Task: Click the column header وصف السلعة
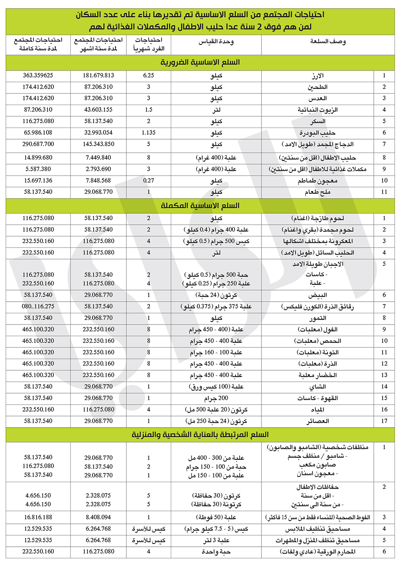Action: coord(328,41)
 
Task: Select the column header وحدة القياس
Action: coord(216,41)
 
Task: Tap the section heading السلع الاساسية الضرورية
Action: coord(200,62)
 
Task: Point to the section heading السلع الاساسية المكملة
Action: coord(200,205)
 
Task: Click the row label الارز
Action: coord(318,75)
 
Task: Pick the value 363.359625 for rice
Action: coord(38,75)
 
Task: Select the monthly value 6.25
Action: coord(148,75)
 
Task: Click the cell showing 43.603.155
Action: coord(98,110)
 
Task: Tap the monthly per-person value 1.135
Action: coord(148,132)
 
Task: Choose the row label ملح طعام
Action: coord(318,192)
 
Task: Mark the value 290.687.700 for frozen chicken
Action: coord(38,144)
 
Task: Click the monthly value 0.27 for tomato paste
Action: coord(148,181)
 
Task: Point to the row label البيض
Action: coord(318,295)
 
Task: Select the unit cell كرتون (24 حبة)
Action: coord(216,295)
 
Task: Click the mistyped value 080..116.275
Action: coord(38,306)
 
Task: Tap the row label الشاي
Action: coord(318,387)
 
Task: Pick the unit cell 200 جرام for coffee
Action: coord(216,398)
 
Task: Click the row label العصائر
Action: coord(318,421)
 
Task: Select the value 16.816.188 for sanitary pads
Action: coord(38,517)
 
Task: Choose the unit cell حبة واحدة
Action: coord(216,552)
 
